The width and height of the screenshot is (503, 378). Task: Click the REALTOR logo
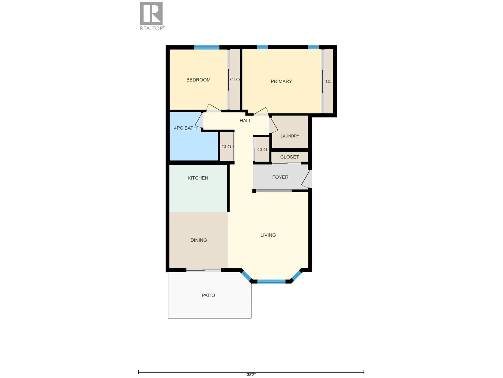pyautogui.click(x=152, y=16)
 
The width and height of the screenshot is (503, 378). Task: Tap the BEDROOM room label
pyautogui.click(x=198, y=80)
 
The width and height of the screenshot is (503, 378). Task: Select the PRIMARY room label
pyautogui.click(x=281, y=82)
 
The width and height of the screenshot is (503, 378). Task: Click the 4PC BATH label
pyautogui.click(x=185, y=128)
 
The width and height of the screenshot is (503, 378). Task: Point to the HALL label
pyautogui.click(x=246, y=121)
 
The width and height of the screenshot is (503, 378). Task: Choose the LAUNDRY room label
pyautogui.click(x=290, y=136)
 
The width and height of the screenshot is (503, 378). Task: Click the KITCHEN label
pyautogui.click(x=198, y=178)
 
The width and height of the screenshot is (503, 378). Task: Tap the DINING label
pyautogui.click(x=199, y=240)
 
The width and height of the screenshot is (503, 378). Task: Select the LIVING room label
pyautogui.click(x=268, y=235)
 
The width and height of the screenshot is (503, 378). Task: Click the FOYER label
pyautogui.click(x=280, y=177)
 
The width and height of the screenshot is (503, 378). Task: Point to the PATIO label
pyautogui.click(x=208, y=295)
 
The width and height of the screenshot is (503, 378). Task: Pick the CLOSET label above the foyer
pyautogui.click(x=290, y=157)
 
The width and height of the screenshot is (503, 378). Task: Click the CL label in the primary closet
pyautogui.click(x=329, y=82)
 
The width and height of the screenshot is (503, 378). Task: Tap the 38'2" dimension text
pyautogui.click(x=251, y=375)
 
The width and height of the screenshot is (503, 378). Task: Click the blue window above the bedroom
pyautogui.click(x=207, y=48)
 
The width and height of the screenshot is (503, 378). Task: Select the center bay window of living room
pyautogui.click(x=271, y=281)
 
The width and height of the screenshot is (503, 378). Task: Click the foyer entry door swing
pyautogui.click(x=307, y=179)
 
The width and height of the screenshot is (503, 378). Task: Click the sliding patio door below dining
pyautogui.click(x=204, y=270)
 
